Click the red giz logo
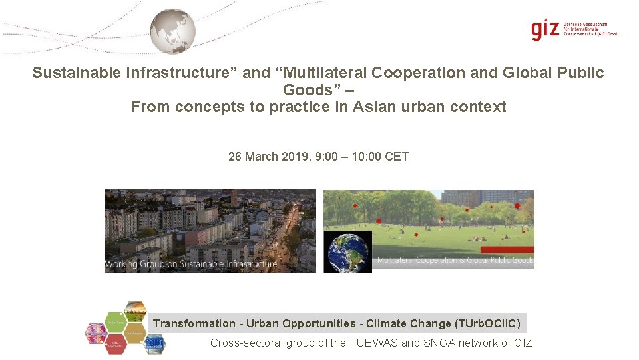545,30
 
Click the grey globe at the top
172,31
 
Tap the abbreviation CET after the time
397,157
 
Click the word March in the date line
262,157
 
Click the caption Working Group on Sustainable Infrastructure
191,265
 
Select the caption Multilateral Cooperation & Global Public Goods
455,260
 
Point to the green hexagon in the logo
135,311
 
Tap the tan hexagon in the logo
135,330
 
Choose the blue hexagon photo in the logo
154,344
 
